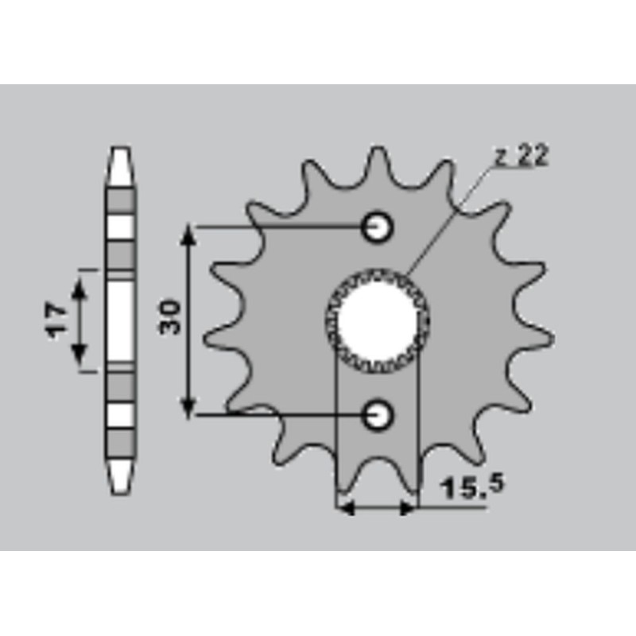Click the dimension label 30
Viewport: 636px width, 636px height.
coord(170,316)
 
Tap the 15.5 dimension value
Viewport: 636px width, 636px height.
coord(472,487)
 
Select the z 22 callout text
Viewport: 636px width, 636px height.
coord(522,155)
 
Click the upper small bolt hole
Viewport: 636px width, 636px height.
coord(377,227)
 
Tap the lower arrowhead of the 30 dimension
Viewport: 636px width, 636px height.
coord(188,409)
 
